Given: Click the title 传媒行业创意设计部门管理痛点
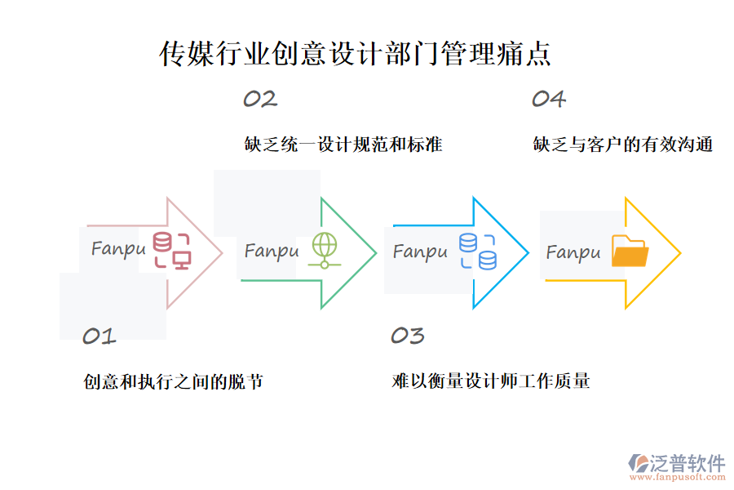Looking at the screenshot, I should click(356, 54).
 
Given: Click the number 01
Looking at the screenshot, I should click(99, 336).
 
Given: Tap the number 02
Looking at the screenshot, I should click(260, 99).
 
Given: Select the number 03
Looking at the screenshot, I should click(408, 336).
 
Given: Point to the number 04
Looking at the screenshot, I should click(549, 99).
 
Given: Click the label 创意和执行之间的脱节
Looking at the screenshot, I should click(173, 381).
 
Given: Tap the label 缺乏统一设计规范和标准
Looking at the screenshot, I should click(343, 145).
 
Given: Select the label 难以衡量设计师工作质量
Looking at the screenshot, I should click(491, 381).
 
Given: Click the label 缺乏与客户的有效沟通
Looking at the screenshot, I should click(623, 145).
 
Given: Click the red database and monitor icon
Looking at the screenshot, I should click(172, 251).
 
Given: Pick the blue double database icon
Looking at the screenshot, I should click(478, 252).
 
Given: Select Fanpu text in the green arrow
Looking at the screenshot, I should click(272, 251).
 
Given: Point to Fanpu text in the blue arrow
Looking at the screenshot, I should click(420, 252).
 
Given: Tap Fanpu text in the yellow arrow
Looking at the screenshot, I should click(573, 252).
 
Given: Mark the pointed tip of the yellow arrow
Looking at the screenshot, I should click(680, 253).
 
